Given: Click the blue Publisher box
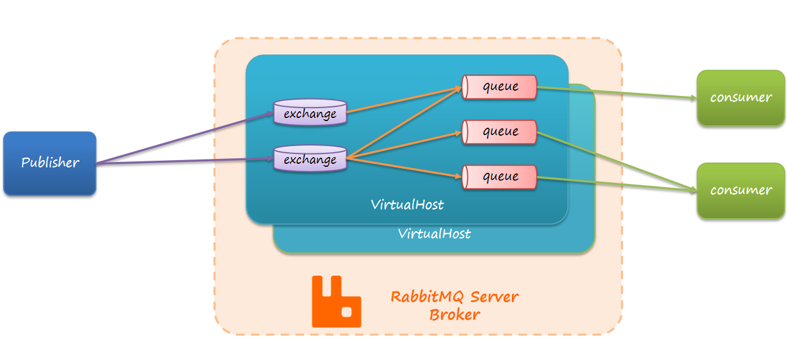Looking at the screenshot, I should (x=50, y=163).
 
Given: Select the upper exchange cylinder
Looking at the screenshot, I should (x=309, y=113).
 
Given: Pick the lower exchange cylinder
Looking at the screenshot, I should (x=309, y=159).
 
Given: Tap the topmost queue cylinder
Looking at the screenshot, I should (x=499, y=87).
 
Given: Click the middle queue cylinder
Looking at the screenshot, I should (x=499, y=131).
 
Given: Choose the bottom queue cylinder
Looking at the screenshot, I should (x=499, y=177).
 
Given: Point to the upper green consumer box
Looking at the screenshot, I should (x=741, y=98).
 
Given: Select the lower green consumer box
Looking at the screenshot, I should (x=741, y=190).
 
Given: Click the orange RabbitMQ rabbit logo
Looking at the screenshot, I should (x=336, y=301).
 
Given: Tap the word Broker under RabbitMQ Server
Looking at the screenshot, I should (x=454, y=315).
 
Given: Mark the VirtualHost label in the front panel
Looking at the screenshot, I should (x=407, y=205).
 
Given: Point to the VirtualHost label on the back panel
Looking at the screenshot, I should (x=434, y=233).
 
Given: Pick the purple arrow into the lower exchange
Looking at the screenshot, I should (x=183, y=161).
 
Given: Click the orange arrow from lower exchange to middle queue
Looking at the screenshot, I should (x=404, y=145).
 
